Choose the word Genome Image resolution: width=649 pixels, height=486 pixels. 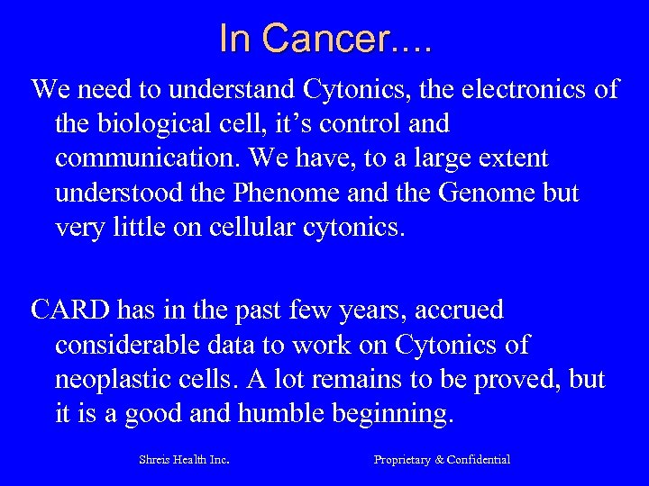(469, 193)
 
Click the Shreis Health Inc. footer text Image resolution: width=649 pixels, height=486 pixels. (183, 460)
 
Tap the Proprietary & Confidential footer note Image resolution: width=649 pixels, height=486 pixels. (442, 460)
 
